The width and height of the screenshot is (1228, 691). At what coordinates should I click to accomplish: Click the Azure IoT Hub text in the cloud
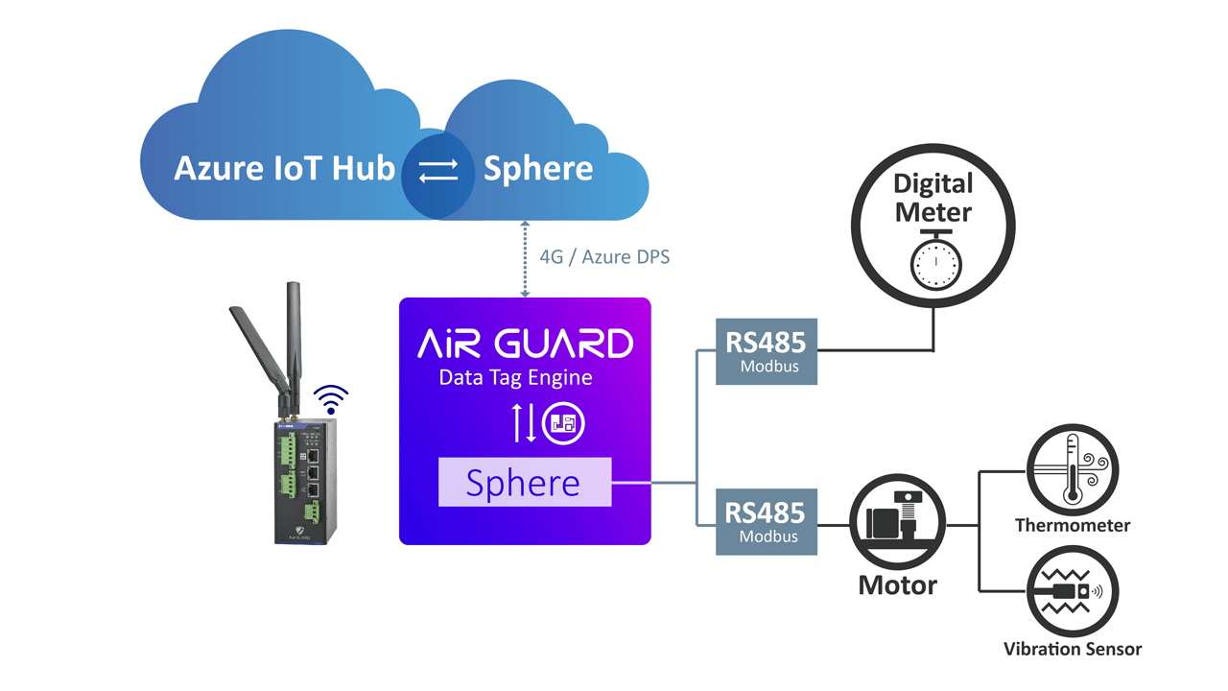284,169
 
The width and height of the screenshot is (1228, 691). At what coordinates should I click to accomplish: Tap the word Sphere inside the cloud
537,169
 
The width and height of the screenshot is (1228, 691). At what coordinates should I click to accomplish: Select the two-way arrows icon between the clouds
438,171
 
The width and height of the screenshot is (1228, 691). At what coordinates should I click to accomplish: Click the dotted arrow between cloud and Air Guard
525,258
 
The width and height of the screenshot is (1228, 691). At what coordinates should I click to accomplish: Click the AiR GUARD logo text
525,343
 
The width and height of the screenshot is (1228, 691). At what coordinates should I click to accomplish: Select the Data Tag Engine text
515,377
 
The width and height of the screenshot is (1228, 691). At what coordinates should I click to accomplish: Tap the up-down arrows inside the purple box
524,423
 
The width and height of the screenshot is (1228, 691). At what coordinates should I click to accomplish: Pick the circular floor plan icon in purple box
563,423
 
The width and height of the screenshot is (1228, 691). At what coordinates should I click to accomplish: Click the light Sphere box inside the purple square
525,483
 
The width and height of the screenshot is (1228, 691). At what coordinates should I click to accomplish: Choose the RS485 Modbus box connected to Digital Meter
767,351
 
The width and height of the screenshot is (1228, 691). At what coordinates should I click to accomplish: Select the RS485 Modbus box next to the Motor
767,521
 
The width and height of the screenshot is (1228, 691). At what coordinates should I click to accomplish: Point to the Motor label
897,584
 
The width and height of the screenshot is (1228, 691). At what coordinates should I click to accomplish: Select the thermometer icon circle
1073,471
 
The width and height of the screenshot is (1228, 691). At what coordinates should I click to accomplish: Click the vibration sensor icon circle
1073,592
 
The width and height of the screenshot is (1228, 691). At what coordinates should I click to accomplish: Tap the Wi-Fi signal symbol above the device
332,398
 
